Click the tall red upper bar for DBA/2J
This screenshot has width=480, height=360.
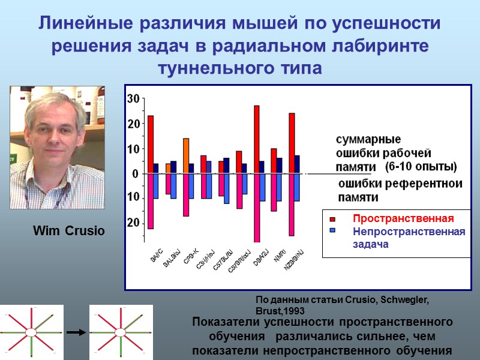coord(256,139)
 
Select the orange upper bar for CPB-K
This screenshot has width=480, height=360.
coord(186,156)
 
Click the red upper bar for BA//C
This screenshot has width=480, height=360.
coord(151,145)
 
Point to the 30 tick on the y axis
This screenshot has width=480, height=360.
coord(133,99)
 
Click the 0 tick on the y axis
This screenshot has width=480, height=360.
coord(136,174)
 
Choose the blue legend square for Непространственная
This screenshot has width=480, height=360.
coord(332,231)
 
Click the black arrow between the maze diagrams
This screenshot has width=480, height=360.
coord(75,331)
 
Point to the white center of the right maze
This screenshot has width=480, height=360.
coord(120,332)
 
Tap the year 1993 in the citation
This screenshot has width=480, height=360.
coord(293,311)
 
